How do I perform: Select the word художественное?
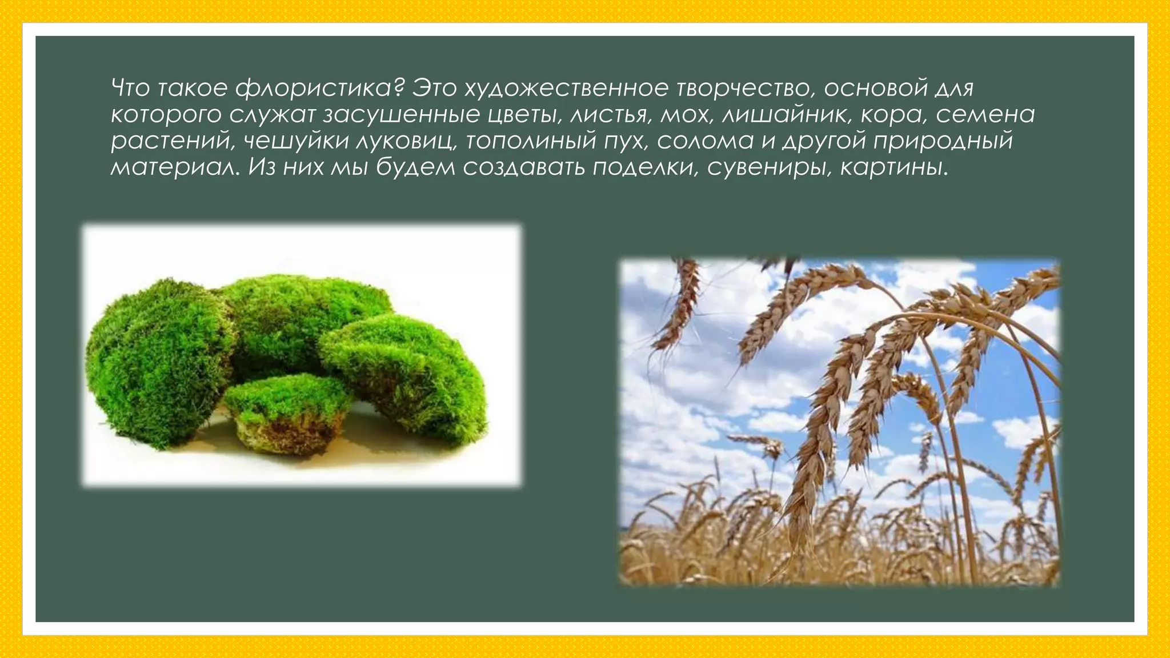pos(566,89)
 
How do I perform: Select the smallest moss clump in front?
pos(286,400)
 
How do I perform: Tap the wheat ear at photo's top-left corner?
pos(680,303)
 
